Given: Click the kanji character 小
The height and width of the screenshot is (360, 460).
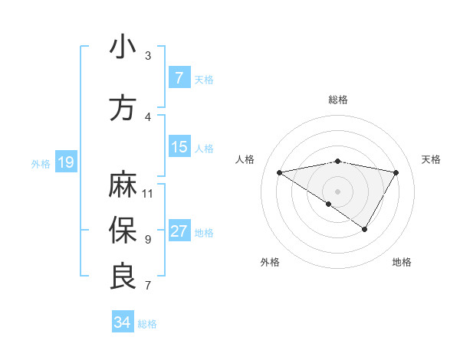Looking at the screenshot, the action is [x=123, y=47].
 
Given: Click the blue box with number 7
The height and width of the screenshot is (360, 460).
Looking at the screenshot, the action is [x=179, y=78].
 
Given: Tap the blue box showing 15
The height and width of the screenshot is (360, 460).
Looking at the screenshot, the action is [x=179, y=147].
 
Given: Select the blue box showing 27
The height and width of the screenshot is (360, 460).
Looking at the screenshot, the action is [x=179, y=231].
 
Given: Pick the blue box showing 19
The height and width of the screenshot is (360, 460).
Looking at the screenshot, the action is [x=65, y=162].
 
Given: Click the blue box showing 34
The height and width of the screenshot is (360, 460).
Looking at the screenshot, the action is [x=122, y=323].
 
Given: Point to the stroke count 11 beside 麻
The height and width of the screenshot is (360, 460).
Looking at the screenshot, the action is [x=148, y=193].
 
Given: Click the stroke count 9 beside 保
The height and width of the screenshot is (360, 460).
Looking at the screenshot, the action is [x=148, y=239].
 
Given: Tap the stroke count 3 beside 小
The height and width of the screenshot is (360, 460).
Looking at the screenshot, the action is [x=148, y=55].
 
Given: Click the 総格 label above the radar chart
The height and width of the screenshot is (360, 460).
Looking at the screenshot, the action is [x=338, y=100].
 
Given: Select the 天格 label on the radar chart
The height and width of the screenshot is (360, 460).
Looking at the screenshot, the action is [x=431, y=159].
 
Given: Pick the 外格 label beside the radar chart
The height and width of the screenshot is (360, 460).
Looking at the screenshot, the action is [x=270, y=263].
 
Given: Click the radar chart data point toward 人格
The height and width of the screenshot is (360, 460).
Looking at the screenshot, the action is [x=280, y=172].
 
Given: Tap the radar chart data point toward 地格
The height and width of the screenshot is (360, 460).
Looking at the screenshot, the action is [x=365, y=229].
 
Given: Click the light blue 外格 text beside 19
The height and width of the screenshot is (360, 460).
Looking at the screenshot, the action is [x=41, y=163].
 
